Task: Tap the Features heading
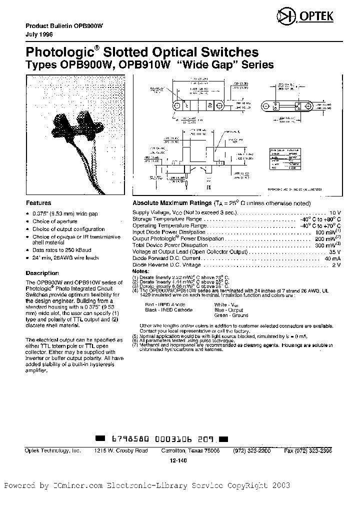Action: coord(38,203)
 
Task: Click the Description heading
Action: coord(42,273)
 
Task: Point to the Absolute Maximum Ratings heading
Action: coord(173,203)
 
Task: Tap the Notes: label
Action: coord(140,270)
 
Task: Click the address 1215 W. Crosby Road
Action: coord(121,450)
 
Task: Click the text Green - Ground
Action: coord(231,315)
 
